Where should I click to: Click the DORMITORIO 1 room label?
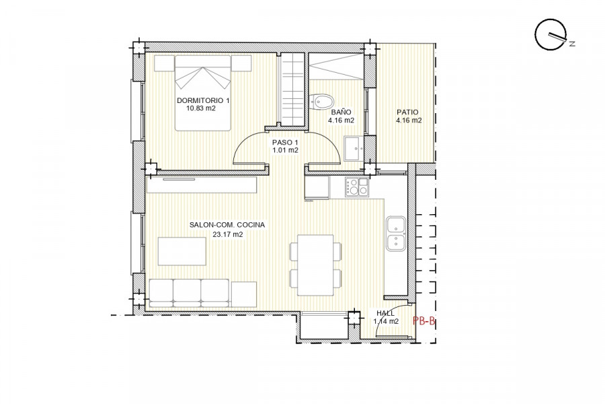click(x=203, y=100)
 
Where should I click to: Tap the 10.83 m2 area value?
click(x=200, y=108)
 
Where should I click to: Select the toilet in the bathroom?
click(x=321, y=102)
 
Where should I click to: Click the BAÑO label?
click(x=341, y=112)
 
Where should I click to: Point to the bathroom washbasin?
click(x=354, y=148)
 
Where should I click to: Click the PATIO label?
click(x=407, y=112)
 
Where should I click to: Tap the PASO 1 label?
click(x=285, y=143)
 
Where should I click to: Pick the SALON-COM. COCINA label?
click(x=227, y=225)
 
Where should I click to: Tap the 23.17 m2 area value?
click(x=228, y=234)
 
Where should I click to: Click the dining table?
click(x=316, y=265)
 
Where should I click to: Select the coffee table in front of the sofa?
click(x=182, y=251)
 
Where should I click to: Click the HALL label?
click(x=385, y=313)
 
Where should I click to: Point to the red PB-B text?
click(x=424, y=321)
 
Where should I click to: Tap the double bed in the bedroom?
click(x=203, y=93)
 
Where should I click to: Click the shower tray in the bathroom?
click(x=337, y=67)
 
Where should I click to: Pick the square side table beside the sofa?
click(x=244, y=294)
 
